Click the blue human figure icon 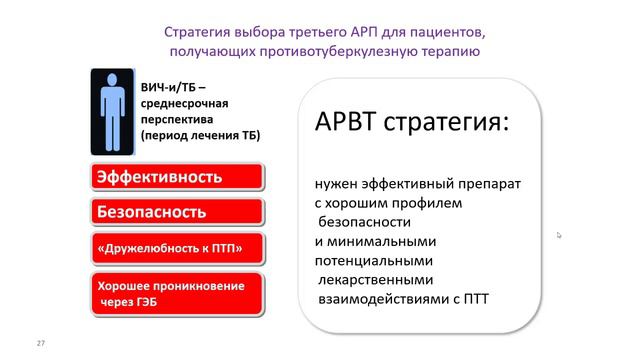pyautogui.click(x=110, y=110)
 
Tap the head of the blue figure pyautogui.click(x=110, y=79)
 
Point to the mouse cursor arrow pyautogui.click(x=559, y=235)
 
